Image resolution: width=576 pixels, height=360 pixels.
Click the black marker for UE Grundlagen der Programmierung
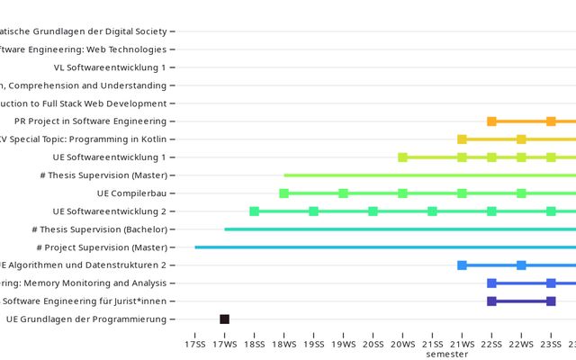click(x=224, y=319)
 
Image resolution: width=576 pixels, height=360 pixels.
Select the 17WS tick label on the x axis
click(x=224, y=344)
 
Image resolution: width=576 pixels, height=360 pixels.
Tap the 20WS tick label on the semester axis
click(x=402, y=344)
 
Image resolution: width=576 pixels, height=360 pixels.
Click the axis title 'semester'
click(x=447, y=355)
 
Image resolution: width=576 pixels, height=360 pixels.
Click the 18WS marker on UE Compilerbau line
click(x=283, y=193)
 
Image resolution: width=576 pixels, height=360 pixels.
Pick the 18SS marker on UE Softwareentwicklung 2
click(x=254, y=211)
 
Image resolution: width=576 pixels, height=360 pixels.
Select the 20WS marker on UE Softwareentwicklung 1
click(x=402, y=157)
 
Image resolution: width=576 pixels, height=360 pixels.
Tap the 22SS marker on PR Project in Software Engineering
click(x=491, y=121)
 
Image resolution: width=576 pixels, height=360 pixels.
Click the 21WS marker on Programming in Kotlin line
click(x=462, y=139)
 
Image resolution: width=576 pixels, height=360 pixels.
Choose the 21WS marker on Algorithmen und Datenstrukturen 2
click(x=462, y=265)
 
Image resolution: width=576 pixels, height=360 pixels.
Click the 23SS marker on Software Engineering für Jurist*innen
click(x=551, y=301)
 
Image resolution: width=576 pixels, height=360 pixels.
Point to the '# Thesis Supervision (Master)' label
click(x=104, y=175)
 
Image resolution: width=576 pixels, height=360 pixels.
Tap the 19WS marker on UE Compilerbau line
click(x=343, y=193)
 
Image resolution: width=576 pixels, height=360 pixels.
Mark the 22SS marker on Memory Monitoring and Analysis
click(x=491, y=283)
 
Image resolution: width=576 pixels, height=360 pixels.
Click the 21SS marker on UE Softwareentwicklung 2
click(x=432, y=211)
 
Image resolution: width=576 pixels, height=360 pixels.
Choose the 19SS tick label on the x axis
click(x=313, y=344)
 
